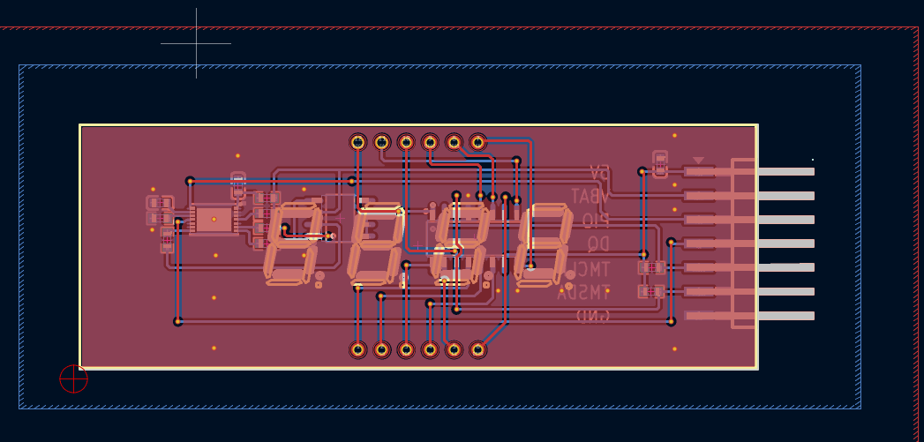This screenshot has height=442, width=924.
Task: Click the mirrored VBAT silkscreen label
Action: point(590,196)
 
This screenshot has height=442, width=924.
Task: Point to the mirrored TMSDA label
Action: point(584,293)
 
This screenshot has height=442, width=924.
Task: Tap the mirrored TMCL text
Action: point(588,269)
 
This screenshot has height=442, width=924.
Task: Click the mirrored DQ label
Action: point(598,244)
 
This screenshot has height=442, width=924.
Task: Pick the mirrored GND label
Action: point(593,316)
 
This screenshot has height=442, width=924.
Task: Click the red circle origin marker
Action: point(73,378)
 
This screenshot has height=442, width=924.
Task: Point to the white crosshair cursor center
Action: point(196,43)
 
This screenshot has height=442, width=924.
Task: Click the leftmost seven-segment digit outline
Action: point(293,243)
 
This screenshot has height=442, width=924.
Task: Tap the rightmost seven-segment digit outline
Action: point(542,245)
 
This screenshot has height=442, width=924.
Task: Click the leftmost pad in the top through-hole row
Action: point(357,141)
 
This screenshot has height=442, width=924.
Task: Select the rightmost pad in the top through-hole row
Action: point(477,141)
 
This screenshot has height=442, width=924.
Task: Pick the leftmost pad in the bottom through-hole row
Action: point(357,349)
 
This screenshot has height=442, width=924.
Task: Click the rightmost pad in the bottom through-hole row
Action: point(477,349)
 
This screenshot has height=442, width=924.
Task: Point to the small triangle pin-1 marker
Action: point(698,161)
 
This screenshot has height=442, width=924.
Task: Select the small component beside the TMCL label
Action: point(651,267)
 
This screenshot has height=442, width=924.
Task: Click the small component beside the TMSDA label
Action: point(651,291)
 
